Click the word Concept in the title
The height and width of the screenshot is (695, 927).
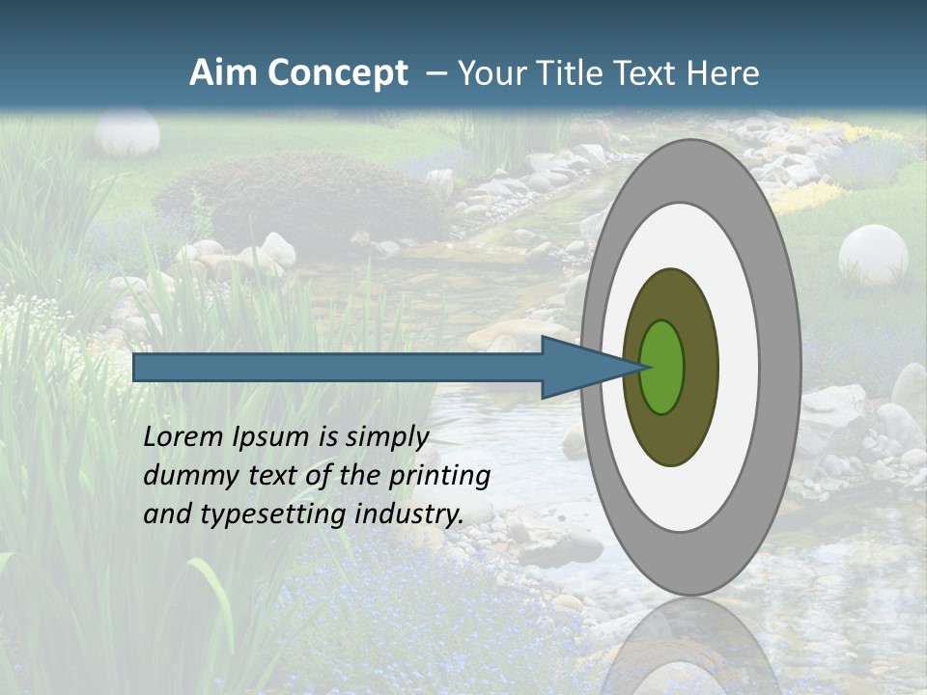click(x=338, y=73)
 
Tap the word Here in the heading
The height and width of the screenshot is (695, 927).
click(x=723, y=73)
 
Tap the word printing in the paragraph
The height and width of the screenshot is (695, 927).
click(x=439, y=476)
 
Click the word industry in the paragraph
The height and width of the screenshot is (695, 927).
click(x=408, y=514)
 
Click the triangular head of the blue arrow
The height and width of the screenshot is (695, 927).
click(x=579, y=368)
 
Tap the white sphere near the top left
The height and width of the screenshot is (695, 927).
click(x=127, y=132)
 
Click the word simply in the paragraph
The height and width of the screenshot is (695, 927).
click(x=387, y=437)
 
